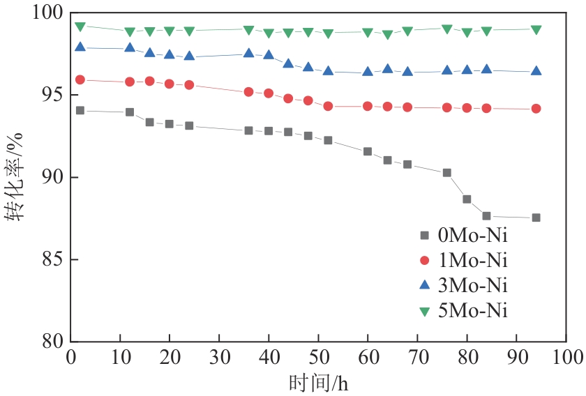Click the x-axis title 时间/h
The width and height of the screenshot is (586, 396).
point(318,383)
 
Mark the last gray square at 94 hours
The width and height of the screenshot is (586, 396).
point(536,218)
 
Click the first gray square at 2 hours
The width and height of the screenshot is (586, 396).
point(80,110)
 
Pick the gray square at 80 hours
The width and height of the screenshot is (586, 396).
point(467,199)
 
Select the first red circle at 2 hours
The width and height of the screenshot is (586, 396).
point(80,79)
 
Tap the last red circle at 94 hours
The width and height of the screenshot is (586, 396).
point(536,109)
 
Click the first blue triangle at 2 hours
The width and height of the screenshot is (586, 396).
point(80,47)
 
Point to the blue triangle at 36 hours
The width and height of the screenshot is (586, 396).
point(248,53)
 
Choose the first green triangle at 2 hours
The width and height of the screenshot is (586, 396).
point(80,26)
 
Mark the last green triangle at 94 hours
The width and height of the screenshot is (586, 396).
point(536,30)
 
